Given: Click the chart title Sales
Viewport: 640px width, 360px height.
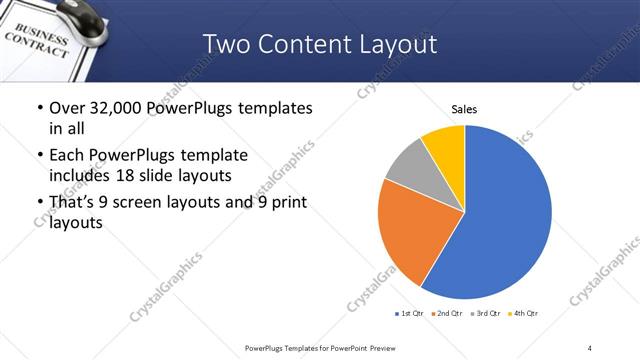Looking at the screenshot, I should click(x=464, y=109).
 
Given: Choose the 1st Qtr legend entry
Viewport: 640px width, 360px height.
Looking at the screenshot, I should click(x=410, y=314).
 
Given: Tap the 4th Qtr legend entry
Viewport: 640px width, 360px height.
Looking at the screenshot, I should click(x=524, y=314).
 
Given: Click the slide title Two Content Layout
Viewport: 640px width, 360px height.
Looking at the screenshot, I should click(x=320, y=44).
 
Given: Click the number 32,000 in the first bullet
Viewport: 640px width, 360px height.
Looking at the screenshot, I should click(x=111, y=108).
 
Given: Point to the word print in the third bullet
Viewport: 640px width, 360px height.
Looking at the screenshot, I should click(x=286, y=202).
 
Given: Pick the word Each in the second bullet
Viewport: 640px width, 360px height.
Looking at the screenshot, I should click(x=66, y=155).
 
